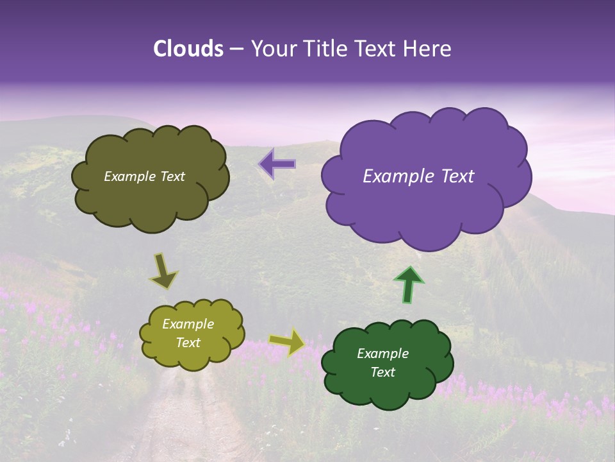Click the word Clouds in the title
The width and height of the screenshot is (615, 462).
(x=188, y=49)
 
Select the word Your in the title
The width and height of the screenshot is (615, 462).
(x=274, y=49)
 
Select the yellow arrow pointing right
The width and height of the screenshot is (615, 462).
(x=288, y=342)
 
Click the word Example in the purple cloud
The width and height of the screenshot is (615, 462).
(x=395, y=176)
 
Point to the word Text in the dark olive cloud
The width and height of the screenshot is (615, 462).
(x=172, y=176)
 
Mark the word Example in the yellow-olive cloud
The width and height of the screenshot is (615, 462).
(x=188, y=325)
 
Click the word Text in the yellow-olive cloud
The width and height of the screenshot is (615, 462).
(x=188, y=343)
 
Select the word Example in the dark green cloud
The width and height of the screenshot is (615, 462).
(x=382, y=354)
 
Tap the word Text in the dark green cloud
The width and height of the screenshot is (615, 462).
(x=382, y=372)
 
